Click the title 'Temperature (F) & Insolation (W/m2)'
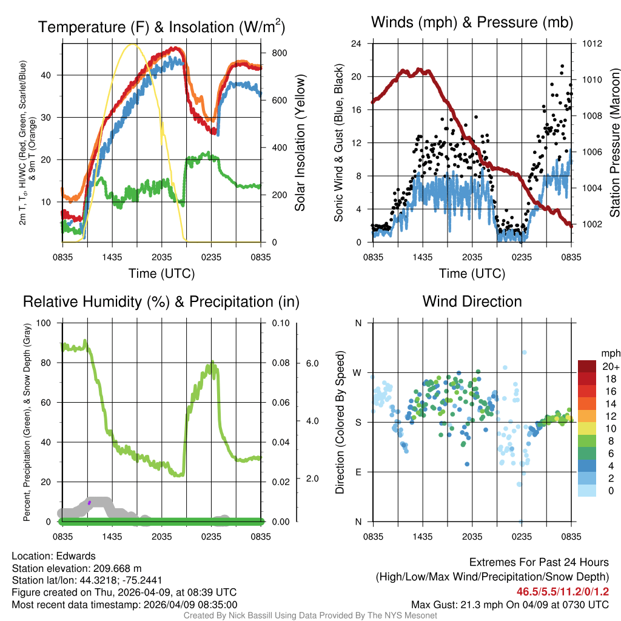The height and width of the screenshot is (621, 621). point(161,27)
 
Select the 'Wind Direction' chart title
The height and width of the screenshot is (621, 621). point(472,301)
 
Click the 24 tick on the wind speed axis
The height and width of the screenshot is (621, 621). point(357,44)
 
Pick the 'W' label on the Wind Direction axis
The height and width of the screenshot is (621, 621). point(358,372)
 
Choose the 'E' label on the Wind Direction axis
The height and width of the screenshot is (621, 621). point(358,472)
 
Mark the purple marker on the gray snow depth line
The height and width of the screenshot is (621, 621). point(89,502)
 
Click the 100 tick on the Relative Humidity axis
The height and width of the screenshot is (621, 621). point(44,323)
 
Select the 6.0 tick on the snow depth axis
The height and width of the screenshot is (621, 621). point(311,363)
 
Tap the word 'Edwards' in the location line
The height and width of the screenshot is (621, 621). point(78,556)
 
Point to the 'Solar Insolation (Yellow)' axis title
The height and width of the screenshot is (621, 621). point(300,143)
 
